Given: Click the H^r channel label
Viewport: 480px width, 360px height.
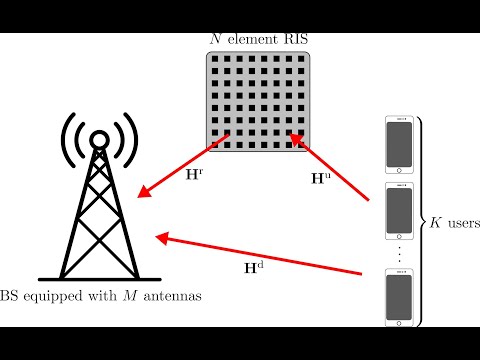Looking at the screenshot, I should pyautogui.click(x=194, y=173).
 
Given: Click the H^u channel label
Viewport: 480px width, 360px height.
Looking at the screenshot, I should pyautogui.click(x=318, y=179).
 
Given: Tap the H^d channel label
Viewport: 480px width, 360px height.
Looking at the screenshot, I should pyautogui.click(x=256, y=267).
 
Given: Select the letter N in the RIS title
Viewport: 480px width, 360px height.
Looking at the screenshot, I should pyautogui.click(x=215, y=39).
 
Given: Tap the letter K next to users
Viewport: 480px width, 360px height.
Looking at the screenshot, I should pyautogui.click(x=435, y=222).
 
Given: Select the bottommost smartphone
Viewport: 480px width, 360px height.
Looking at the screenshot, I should pyautogui.click(x=400, y=297).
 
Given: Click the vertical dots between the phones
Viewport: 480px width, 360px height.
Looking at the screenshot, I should pyautogui.click(x=400, y=254).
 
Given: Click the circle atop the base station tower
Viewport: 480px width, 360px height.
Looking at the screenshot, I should pyautogui.click(x=99, y=139).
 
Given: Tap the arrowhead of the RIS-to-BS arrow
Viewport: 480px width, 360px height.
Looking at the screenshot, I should pyautogui.click(x=144, y=189).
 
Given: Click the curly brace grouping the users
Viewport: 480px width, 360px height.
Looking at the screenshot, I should pyautogui.click(x=421, y=222).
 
